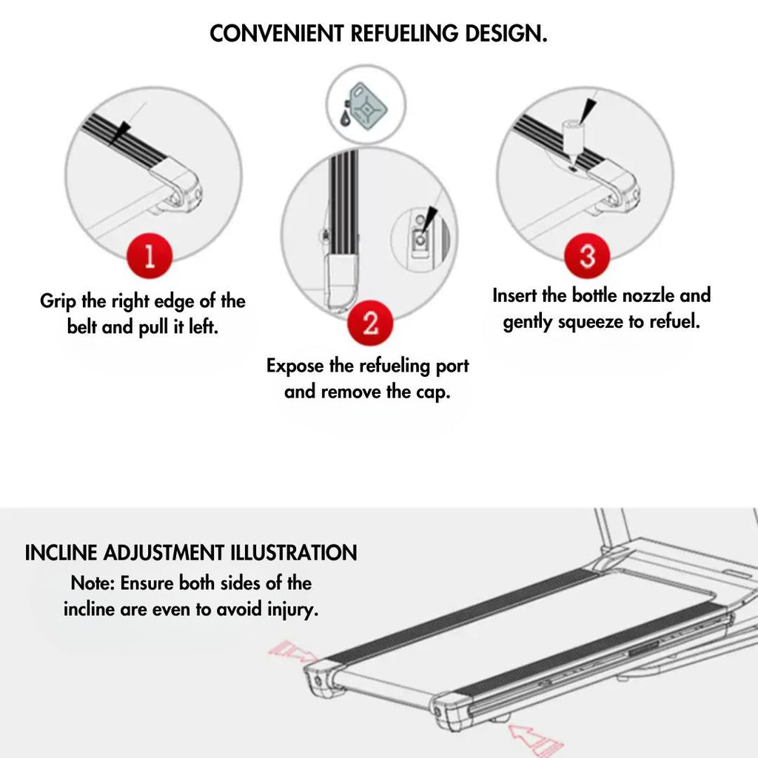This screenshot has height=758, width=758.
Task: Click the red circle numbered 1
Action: (x=150, y=256)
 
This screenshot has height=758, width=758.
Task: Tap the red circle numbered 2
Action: (x=370, y=323)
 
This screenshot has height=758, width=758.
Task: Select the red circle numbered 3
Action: (x=587, y=257)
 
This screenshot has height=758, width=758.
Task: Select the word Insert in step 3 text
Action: (x=516, y=295)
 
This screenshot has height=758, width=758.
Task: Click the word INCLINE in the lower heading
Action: (x=62, y=553)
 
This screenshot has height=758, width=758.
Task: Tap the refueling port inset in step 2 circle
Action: (x=420, y=234)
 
